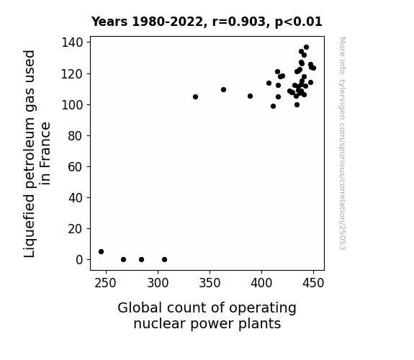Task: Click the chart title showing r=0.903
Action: click(207, 22)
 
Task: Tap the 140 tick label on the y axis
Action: click(72, 42)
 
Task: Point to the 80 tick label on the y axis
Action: click(76, 136)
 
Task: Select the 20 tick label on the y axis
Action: click(76, 229)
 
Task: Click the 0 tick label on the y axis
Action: click(79, 260)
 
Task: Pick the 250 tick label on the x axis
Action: click(106, 283)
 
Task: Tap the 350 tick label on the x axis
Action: click(210, 283)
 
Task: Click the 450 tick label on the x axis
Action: click(313, 283)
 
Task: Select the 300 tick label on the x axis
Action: click(158, 283)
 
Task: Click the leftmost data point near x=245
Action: click(101, 252)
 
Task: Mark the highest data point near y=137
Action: click(306, 48)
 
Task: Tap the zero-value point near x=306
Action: click(164, 260)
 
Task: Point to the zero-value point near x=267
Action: click(123, 260)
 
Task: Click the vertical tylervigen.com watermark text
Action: click(343, 143)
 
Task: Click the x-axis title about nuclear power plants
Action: click(207, 316)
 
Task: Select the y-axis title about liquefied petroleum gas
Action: click(37, 153)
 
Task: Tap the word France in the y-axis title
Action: click(45, 153)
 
